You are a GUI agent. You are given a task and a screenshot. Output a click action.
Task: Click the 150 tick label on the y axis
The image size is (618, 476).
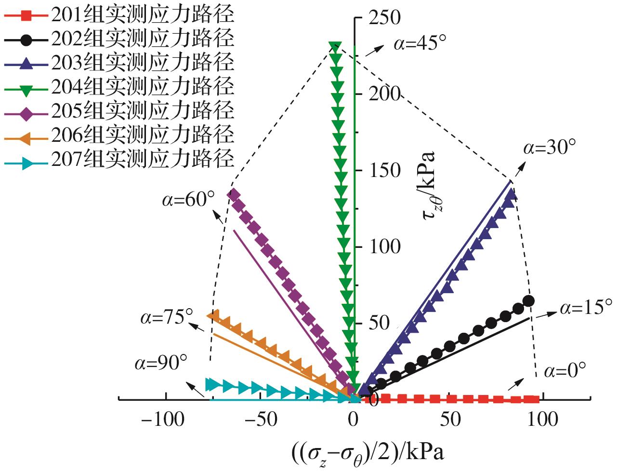(384, 171)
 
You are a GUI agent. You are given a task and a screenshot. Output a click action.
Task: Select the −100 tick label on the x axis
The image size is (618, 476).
(162, 420)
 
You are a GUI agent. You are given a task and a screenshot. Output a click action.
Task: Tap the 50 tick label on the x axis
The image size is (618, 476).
(450, 420)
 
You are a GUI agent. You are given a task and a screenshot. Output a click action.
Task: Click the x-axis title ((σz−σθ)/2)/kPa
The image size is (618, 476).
(368, 454)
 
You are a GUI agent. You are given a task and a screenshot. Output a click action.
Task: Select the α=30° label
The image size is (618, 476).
(549, 148)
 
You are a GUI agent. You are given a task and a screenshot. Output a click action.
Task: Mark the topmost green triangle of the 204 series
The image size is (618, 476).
(335, 47)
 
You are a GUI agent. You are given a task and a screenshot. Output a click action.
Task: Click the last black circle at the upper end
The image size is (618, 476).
(528, 301)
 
